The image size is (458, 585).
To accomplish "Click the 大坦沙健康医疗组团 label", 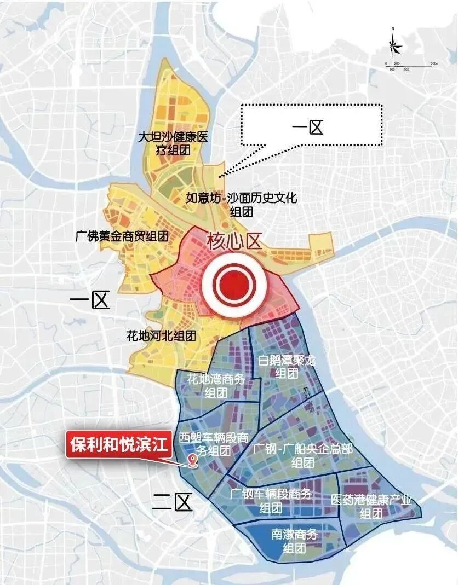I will point(173,142).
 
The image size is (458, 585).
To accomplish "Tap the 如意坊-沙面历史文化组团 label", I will point(242,205).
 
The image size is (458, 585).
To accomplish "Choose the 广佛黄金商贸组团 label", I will point(121,236).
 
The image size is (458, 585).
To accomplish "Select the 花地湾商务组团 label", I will point(215,385).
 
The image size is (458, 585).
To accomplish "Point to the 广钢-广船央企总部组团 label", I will point(303,455).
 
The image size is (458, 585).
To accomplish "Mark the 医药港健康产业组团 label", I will point(371,507).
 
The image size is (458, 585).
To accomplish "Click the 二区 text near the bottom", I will point(173,502).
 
